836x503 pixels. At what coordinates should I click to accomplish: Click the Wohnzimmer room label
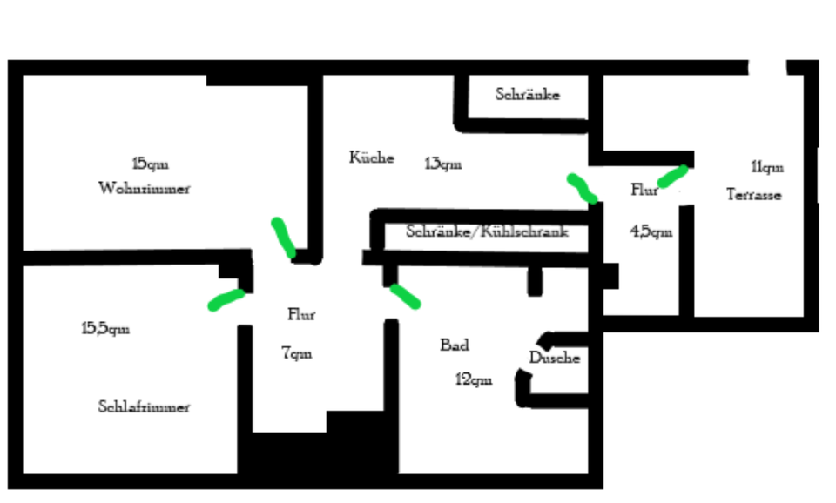coord(145,188)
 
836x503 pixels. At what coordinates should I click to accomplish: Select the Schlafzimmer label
coord(144,406)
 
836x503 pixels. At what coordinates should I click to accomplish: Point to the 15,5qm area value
coord(105,328)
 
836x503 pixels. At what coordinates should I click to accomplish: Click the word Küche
coord(372,158)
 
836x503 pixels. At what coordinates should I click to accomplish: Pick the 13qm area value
coord(442,164)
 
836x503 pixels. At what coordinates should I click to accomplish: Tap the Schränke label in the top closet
coord(528,94)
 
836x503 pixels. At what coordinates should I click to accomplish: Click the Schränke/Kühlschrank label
coord(487,231)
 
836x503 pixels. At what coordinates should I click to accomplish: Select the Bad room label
coord(455,345)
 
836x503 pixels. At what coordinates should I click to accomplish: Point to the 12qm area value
coord(474,379)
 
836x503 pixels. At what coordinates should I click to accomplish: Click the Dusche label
coord(555,358)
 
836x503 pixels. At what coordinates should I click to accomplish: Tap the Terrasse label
coord(754,195)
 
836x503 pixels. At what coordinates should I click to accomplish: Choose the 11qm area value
coord(766,166)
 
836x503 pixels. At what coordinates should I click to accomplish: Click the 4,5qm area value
coord(651,231)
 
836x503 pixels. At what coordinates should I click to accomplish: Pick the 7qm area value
coord(296,353)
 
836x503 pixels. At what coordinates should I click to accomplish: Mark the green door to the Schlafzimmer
coord(226,299)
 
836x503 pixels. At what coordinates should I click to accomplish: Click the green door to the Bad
coord(404,296)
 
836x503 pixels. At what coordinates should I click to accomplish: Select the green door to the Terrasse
coord(673,176)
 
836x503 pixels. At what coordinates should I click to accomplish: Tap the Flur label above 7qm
coord(301,315)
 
